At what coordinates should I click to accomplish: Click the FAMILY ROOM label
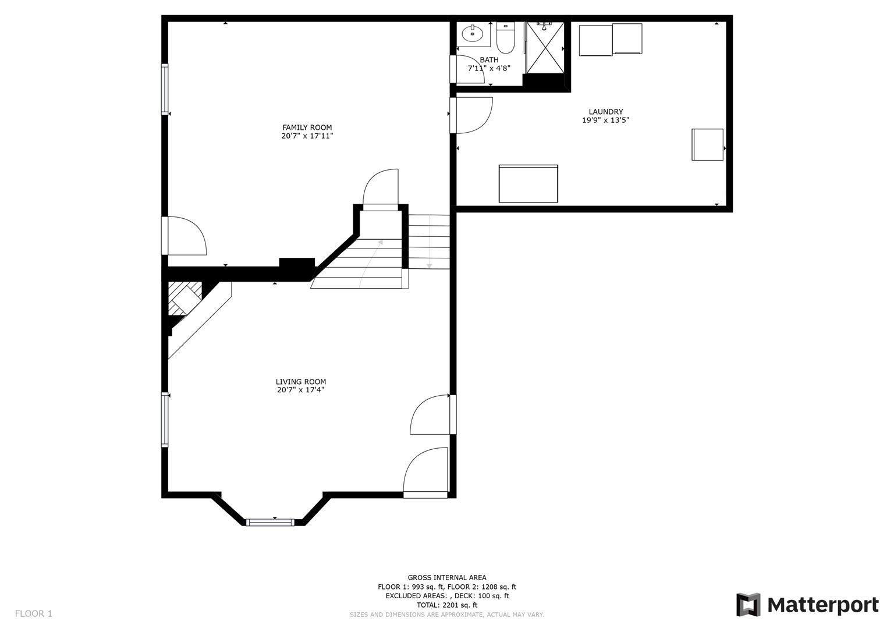(307, 127)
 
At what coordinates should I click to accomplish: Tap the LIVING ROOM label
(300, 382)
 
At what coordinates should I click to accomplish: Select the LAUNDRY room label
(605, 112)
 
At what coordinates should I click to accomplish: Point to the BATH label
(489, 60)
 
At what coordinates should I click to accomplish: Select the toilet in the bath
(505, 37)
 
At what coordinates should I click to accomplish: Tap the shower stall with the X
(545, 47)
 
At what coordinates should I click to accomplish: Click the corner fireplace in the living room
(183, 300)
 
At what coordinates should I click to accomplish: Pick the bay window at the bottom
(270, 521)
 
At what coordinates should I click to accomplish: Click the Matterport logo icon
(748, 605)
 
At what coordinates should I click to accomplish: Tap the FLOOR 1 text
(34, 613)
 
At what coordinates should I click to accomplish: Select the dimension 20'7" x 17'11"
(307, 137)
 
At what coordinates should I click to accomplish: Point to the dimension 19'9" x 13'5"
(605, 120)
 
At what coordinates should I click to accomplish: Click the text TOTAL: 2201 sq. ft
(447, 605)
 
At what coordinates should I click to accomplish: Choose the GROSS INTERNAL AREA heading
(447, 578)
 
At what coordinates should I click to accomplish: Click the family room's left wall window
(165, 89)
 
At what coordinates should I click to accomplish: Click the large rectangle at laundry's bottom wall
(528, 184)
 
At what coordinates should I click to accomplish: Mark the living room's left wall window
(165, 420)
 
